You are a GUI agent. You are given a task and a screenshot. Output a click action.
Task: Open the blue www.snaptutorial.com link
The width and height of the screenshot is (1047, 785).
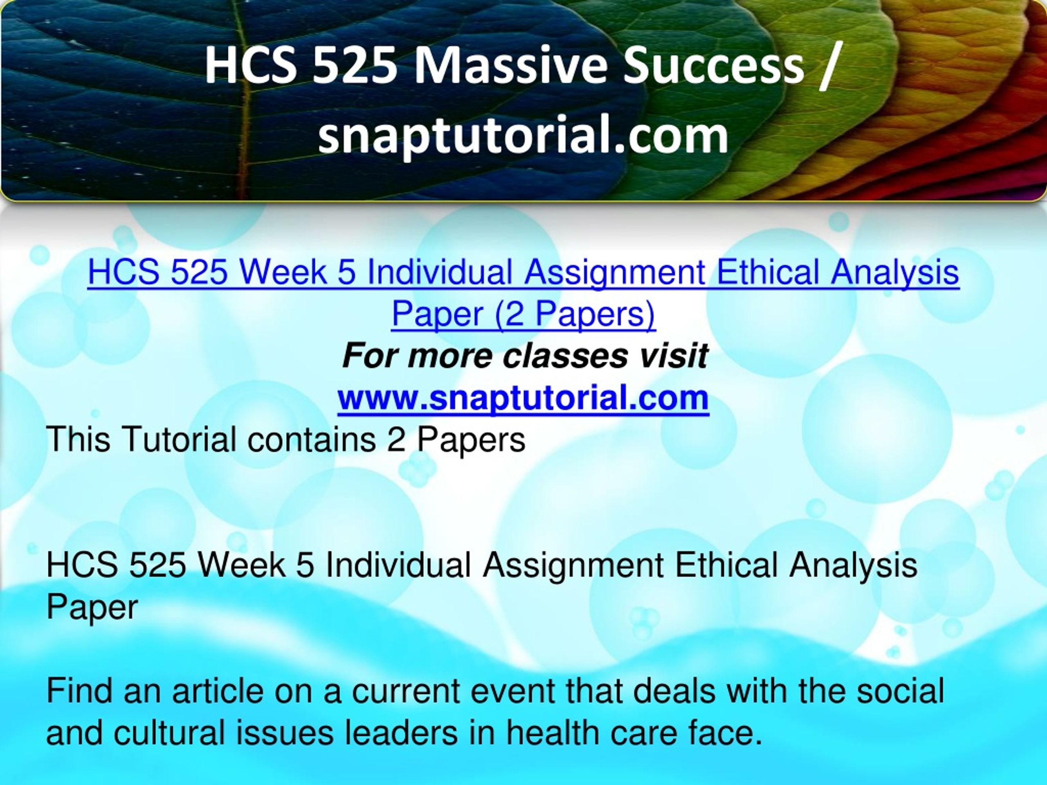[x=523, y=398]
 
